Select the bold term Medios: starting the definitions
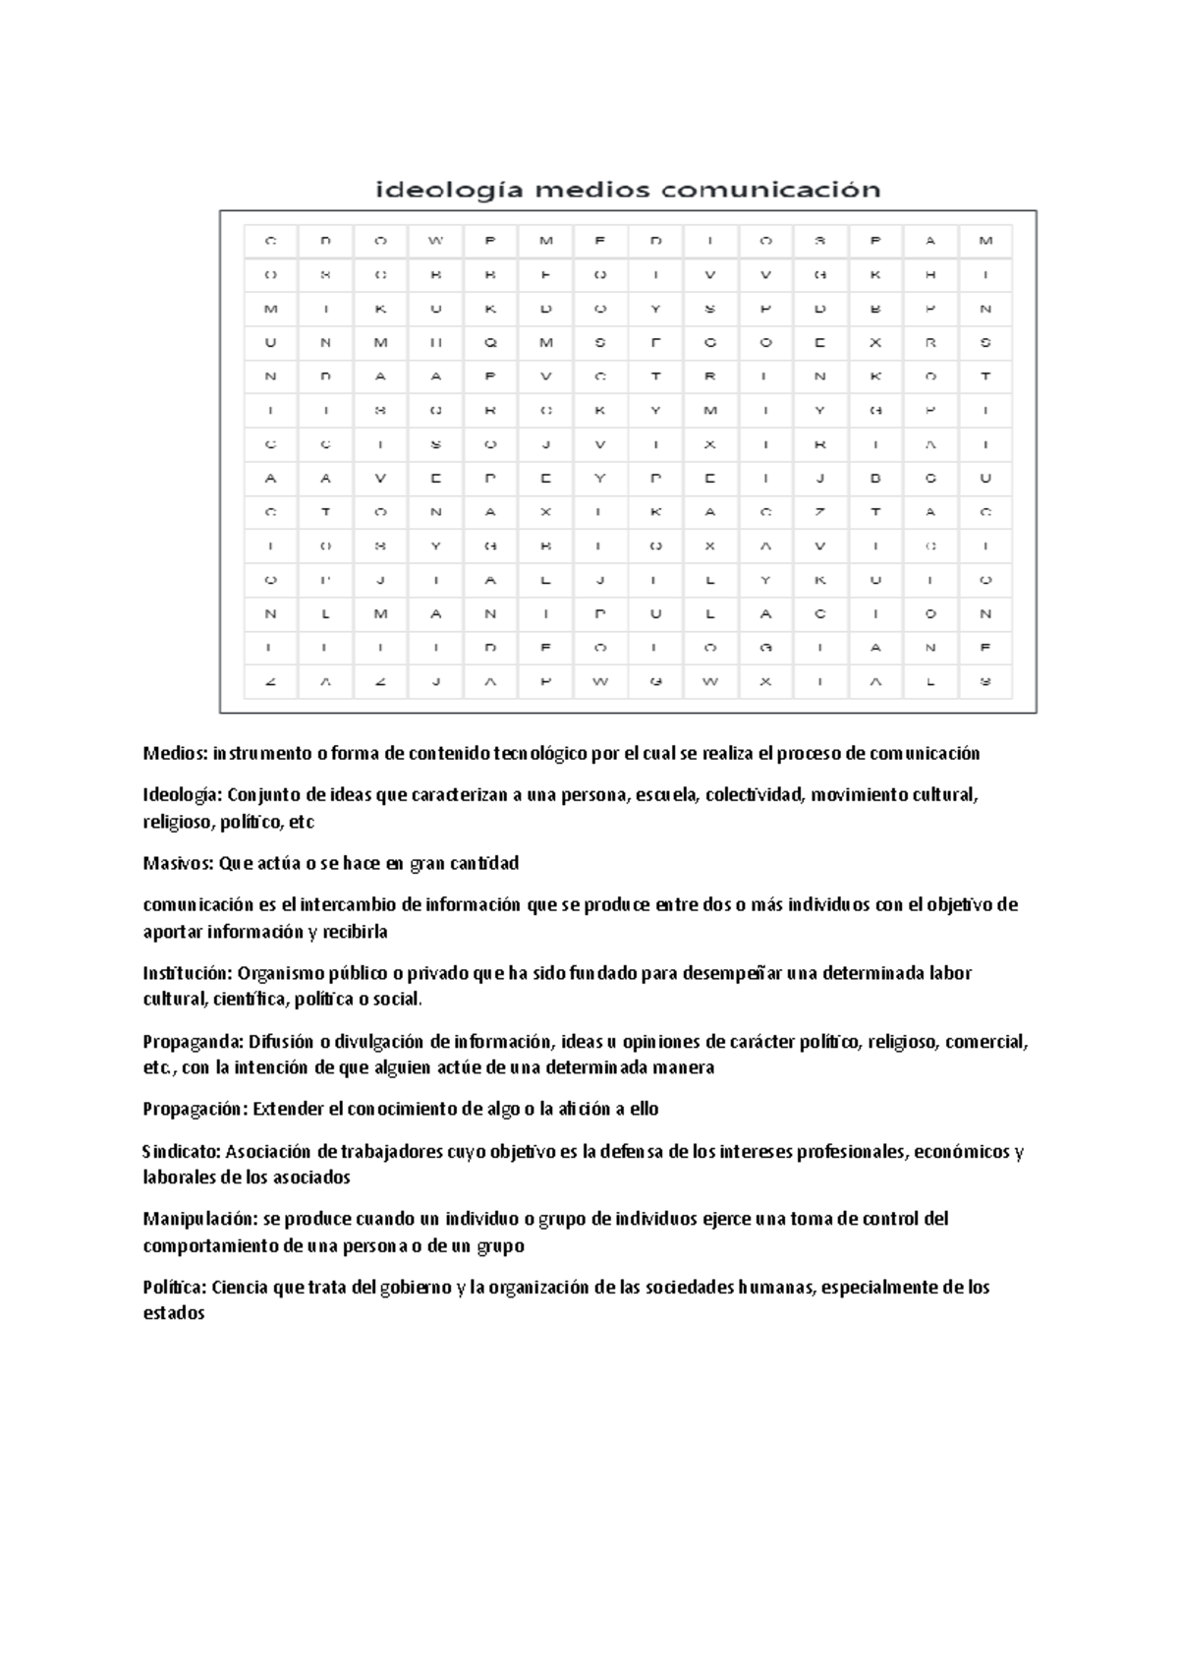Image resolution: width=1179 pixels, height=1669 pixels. pyautogui.click(x=175, y=754)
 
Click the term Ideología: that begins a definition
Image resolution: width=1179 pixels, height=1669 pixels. pyautogui.click(x=184, y=795)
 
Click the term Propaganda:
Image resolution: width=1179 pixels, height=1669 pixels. pyautogui.click(x=193, y=1042)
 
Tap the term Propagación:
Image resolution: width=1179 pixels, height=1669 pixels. pyautogui.click(x=196, y=1110)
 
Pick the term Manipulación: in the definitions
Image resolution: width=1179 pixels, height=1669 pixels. pyautogui.click(x=199, y=1220)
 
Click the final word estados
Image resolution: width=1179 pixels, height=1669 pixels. pyautogui.click(x=173, y=1314)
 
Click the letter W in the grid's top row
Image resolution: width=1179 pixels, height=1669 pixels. pyautogui.click(x=436, y=241)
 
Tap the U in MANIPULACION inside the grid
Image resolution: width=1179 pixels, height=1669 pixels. pyautogui.click(x=655, y=614)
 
